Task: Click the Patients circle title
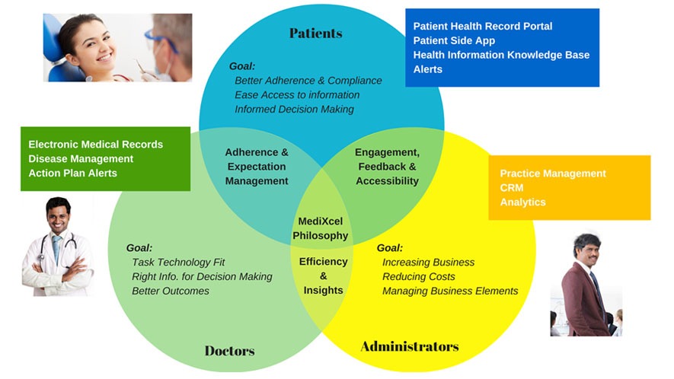315,33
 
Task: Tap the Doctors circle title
229,351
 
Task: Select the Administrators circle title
409,347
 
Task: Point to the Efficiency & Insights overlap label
323,275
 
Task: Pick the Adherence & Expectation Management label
257,167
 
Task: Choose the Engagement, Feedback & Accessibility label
387,167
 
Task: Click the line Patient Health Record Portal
482,26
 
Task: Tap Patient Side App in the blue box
454,40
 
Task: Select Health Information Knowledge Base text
501,55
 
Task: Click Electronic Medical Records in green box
95,144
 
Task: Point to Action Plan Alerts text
72,173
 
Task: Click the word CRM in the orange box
512,187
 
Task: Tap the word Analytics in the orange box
522,202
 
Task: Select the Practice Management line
553,174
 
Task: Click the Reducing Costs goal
418,277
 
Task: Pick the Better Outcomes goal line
170,291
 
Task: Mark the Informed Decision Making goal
294,109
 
